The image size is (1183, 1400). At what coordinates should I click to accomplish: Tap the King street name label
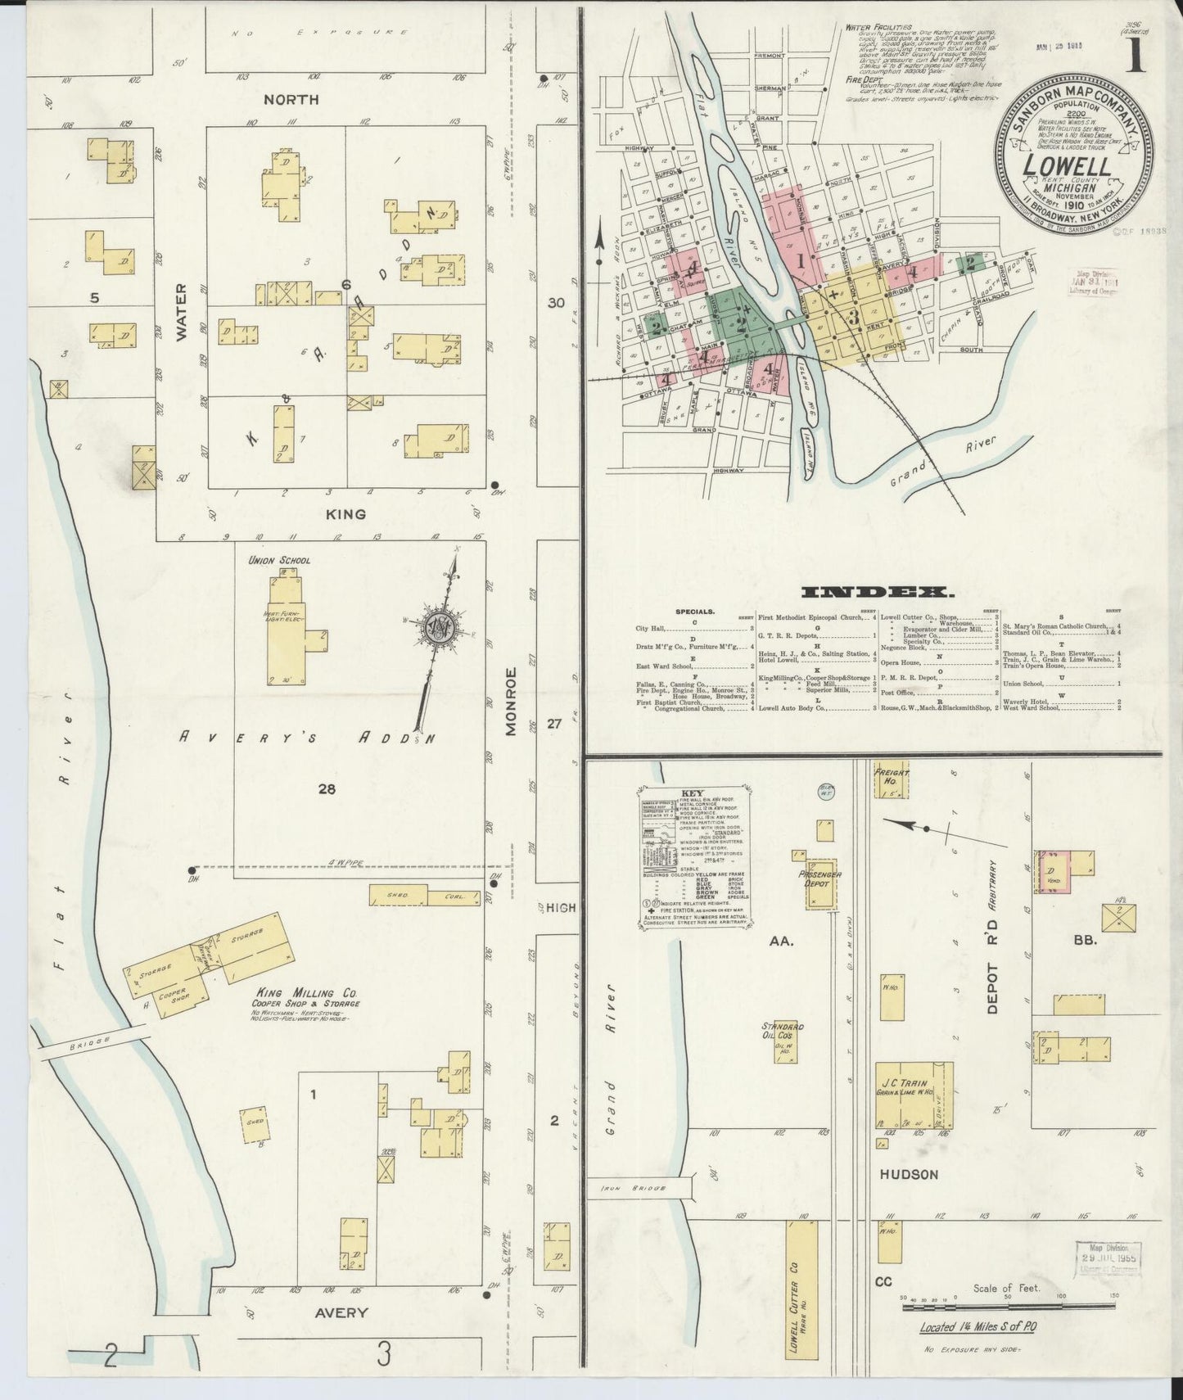[348, 514]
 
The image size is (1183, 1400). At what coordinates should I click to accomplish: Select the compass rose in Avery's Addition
[439, 628]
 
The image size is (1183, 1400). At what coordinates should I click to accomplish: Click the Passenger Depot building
[820, 885]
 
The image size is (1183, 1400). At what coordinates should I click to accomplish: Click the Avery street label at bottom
[341, 1312]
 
